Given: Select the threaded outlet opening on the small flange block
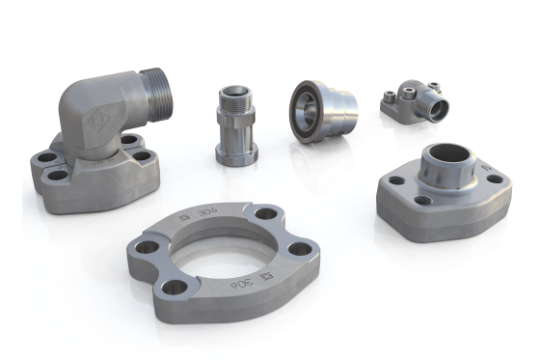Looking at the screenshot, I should pyautogui.click(x=438, y=109).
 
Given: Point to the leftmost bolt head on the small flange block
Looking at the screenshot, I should pyautogui.click(x=387, y=97).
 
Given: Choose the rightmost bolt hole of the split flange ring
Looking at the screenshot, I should pyautogui.click(x=300, y=249).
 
